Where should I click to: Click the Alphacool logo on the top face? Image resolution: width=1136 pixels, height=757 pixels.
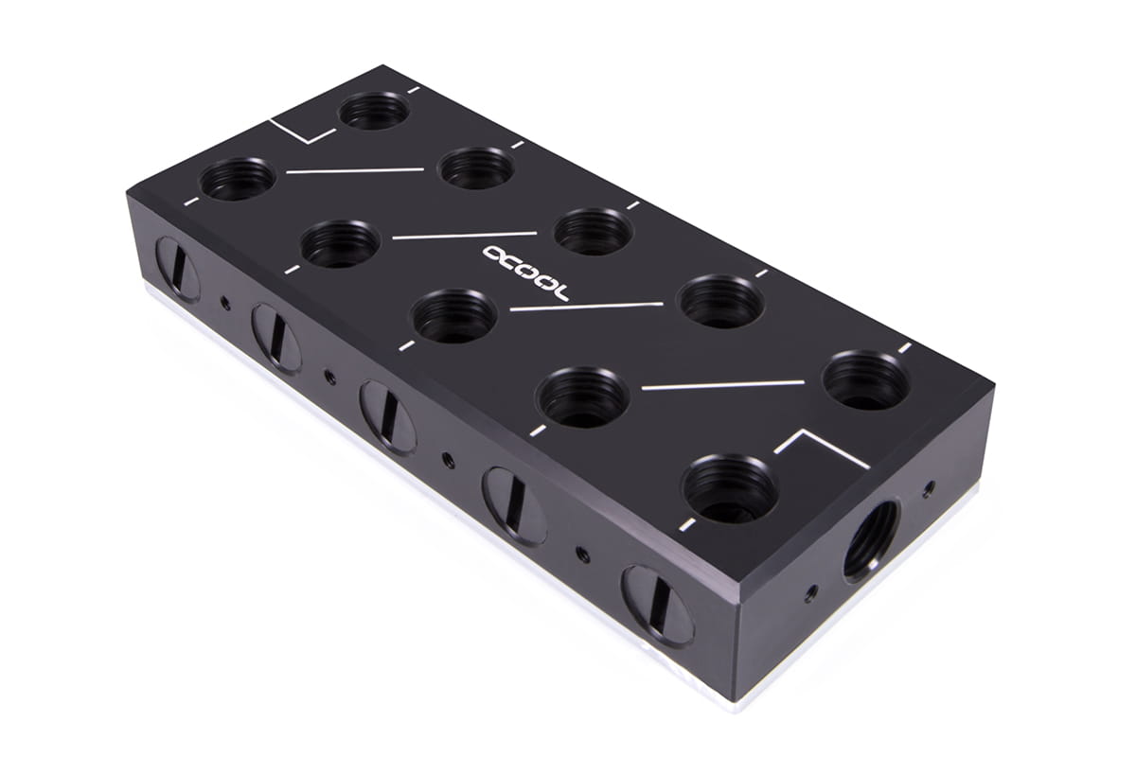click(526, 273)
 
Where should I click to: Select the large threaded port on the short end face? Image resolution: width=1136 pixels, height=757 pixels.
click(871, 540)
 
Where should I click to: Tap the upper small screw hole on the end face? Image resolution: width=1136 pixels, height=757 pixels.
click(928, 489)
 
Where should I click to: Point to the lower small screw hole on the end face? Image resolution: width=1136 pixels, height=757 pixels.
click(812, 591)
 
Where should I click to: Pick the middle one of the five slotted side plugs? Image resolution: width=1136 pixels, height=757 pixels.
click(388, 416)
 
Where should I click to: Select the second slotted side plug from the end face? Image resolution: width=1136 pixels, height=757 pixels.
click(515, 506)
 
